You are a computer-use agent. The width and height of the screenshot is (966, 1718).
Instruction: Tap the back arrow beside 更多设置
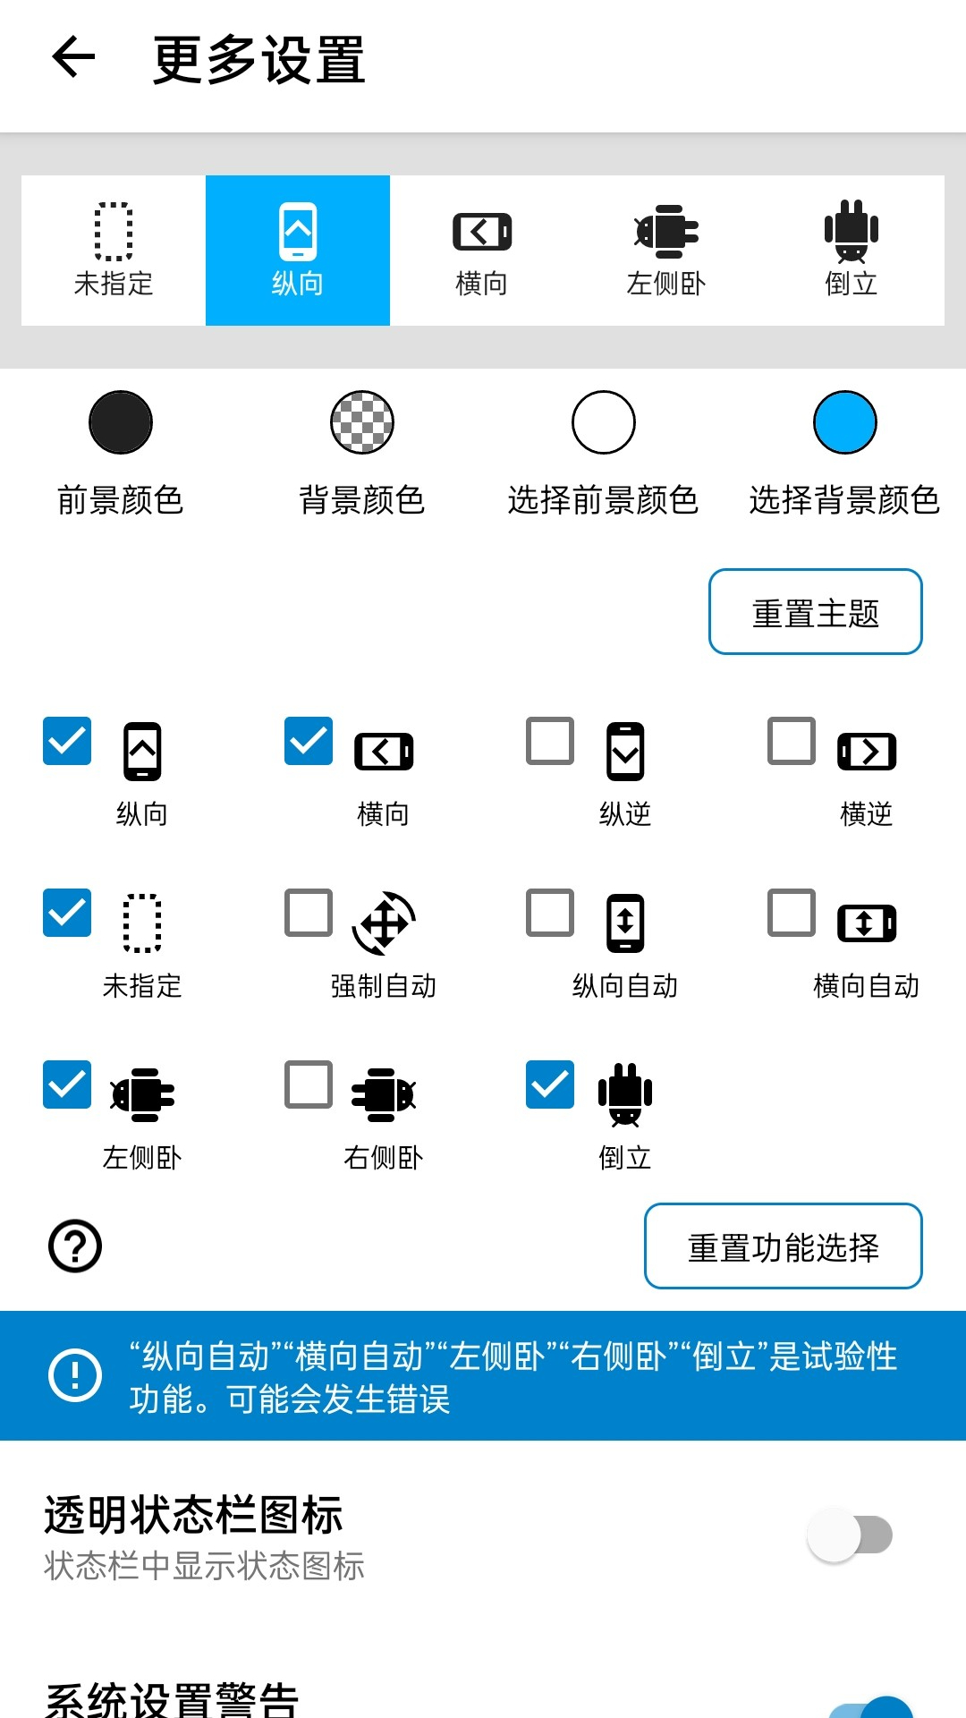[x=73, y=57]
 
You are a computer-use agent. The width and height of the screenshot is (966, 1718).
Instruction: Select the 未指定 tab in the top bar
[x=114, y=250]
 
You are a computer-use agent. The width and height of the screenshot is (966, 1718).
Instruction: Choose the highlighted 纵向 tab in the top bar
[x=298, y=250]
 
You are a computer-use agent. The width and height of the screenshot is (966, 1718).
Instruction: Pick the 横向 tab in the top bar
[x=482, y=250]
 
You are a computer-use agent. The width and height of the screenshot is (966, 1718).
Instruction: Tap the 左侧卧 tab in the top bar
[x=666, y=250]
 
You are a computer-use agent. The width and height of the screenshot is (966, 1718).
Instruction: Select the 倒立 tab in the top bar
[x=851, y=250]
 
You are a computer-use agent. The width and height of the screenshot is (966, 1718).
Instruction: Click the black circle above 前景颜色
[x=121, y=422]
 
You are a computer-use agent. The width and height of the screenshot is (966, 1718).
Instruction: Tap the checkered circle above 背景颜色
[x=362, y=422]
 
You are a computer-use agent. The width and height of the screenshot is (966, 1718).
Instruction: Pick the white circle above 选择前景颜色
[x=604, y=422]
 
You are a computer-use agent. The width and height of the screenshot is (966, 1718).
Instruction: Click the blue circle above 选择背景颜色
[x=845, y=422]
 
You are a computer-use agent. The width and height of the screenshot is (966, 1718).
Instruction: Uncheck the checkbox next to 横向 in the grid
[x=309, y=741]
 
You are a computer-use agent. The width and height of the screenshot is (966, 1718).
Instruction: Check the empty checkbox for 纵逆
[x=550, y=741]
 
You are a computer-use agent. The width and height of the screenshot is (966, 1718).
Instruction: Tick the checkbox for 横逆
[x=792, y=741]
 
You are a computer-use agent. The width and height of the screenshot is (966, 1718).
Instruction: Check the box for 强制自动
[x=309, y=913]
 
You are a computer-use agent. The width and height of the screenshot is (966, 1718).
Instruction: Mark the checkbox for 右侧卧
[x=309, y=1084]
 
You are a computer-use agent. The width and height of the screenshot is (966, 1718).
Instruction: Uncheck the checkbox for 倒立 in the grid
[x=550, y=1084]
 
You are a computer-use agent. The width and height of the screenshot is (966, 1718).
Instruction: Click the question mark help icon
[x=75, y=1246]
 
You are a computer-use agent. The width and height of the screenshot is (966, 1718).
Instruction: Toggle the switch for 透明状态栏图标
[x=850, y=1535]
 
